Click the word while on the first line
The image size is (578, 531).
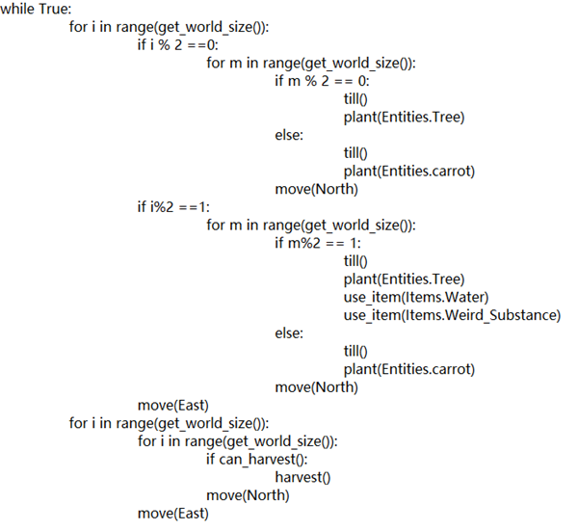[x=17, y=9]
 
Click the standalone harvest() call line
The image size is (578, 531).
[x=302, y=478]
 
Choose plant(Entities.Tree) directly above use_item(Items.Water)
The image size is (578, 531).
[x=404, y=279]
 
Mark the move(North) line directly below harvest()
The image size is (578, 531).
[x=248, y=495]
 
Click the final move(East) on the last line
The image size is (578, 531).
[x=173, y=514]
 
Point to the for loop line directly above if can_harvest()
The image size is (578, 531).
[x=237, y=441]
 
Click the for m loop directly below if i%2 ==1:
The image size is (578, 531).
[x=311, y=226]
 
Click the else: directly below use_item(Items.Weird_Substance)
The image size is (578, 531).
[x=289, y=333]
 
